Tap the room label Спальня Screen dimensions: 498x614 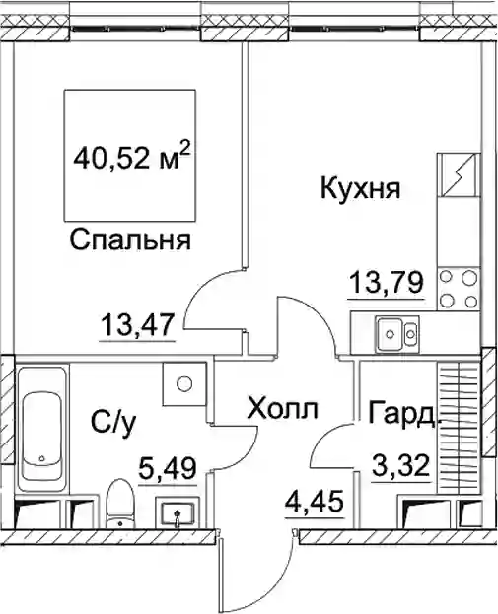pos(130,240)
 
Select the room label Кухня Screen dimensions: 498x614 pos(361,189)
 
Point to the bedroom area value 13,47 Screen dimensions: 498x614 pos(137,325)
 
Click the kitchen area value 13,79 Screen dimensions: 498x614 pos(387,283)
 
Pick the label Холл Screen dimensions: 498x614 pos(282,409)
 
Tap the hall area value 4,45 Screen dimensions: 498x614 pos(316,502)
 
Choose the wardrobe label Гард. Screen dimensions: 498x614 pos(402,414)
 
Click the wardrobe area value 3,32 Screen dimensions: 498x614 pos(400,465)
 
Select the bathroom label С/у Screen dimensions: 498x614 pos(113,423)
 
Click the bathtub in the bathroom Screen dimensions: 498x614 pos(41,429)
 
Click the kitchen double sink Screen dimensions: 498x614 pos(397,334)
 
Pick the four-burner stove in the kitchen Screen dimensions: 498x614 pos(460,289)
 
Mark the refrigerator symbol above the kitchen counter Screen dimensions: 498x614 pos(460,174)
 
